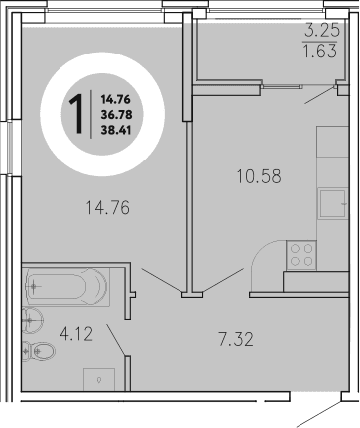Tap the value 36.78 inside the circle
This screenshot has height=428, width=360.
pyautogui.click(x=113, y=114)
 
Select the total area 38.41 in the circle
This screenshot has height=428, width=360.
pyautogui.click(x=113, y=130)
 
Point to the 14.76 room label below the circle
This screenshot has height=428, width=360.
pyautogui.click(x=108, y=208)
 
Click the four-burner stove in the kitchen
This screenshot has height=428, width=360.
pyautogui.click(x=300, y=254)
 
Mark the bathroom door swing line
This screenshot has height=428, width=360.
pyautogui.click(x=116, y=340)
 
